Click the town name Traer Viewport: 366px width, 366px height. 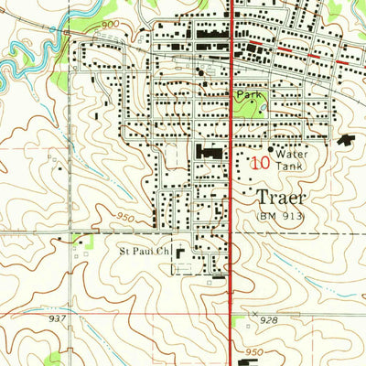pyautogui.click(x=279, y=197)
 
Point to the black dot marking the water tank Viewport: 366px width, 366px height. pyautogui.click(x=272, y=148)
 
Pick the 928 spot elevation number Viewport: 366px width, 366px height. pyautogui.click(x=269, y=320)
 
